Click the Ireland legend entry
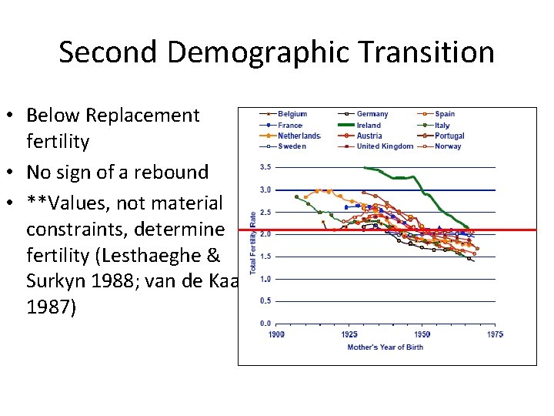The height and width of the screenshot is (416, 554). point(369,125)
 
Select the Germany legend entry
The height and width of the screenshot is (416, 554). point(372,114)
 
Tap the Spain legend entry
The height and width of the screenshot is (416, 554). point(445,114)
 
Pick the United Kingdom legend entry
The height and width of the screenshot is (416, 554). point(385,146)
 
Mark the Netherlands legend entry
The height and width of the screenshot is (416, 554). point(299,136)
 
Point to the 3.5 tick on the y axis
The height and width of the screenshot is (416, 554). point(264,167)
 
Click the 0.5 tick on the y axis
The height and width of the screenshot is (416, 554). point(264,301)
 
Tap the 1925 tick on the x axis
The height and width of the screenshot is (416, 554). point(349,334)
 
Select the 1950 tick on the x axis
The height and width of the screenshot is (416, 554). point(422,334)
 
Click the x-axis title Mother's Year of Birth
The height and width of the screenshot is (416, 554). point(385,347)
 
